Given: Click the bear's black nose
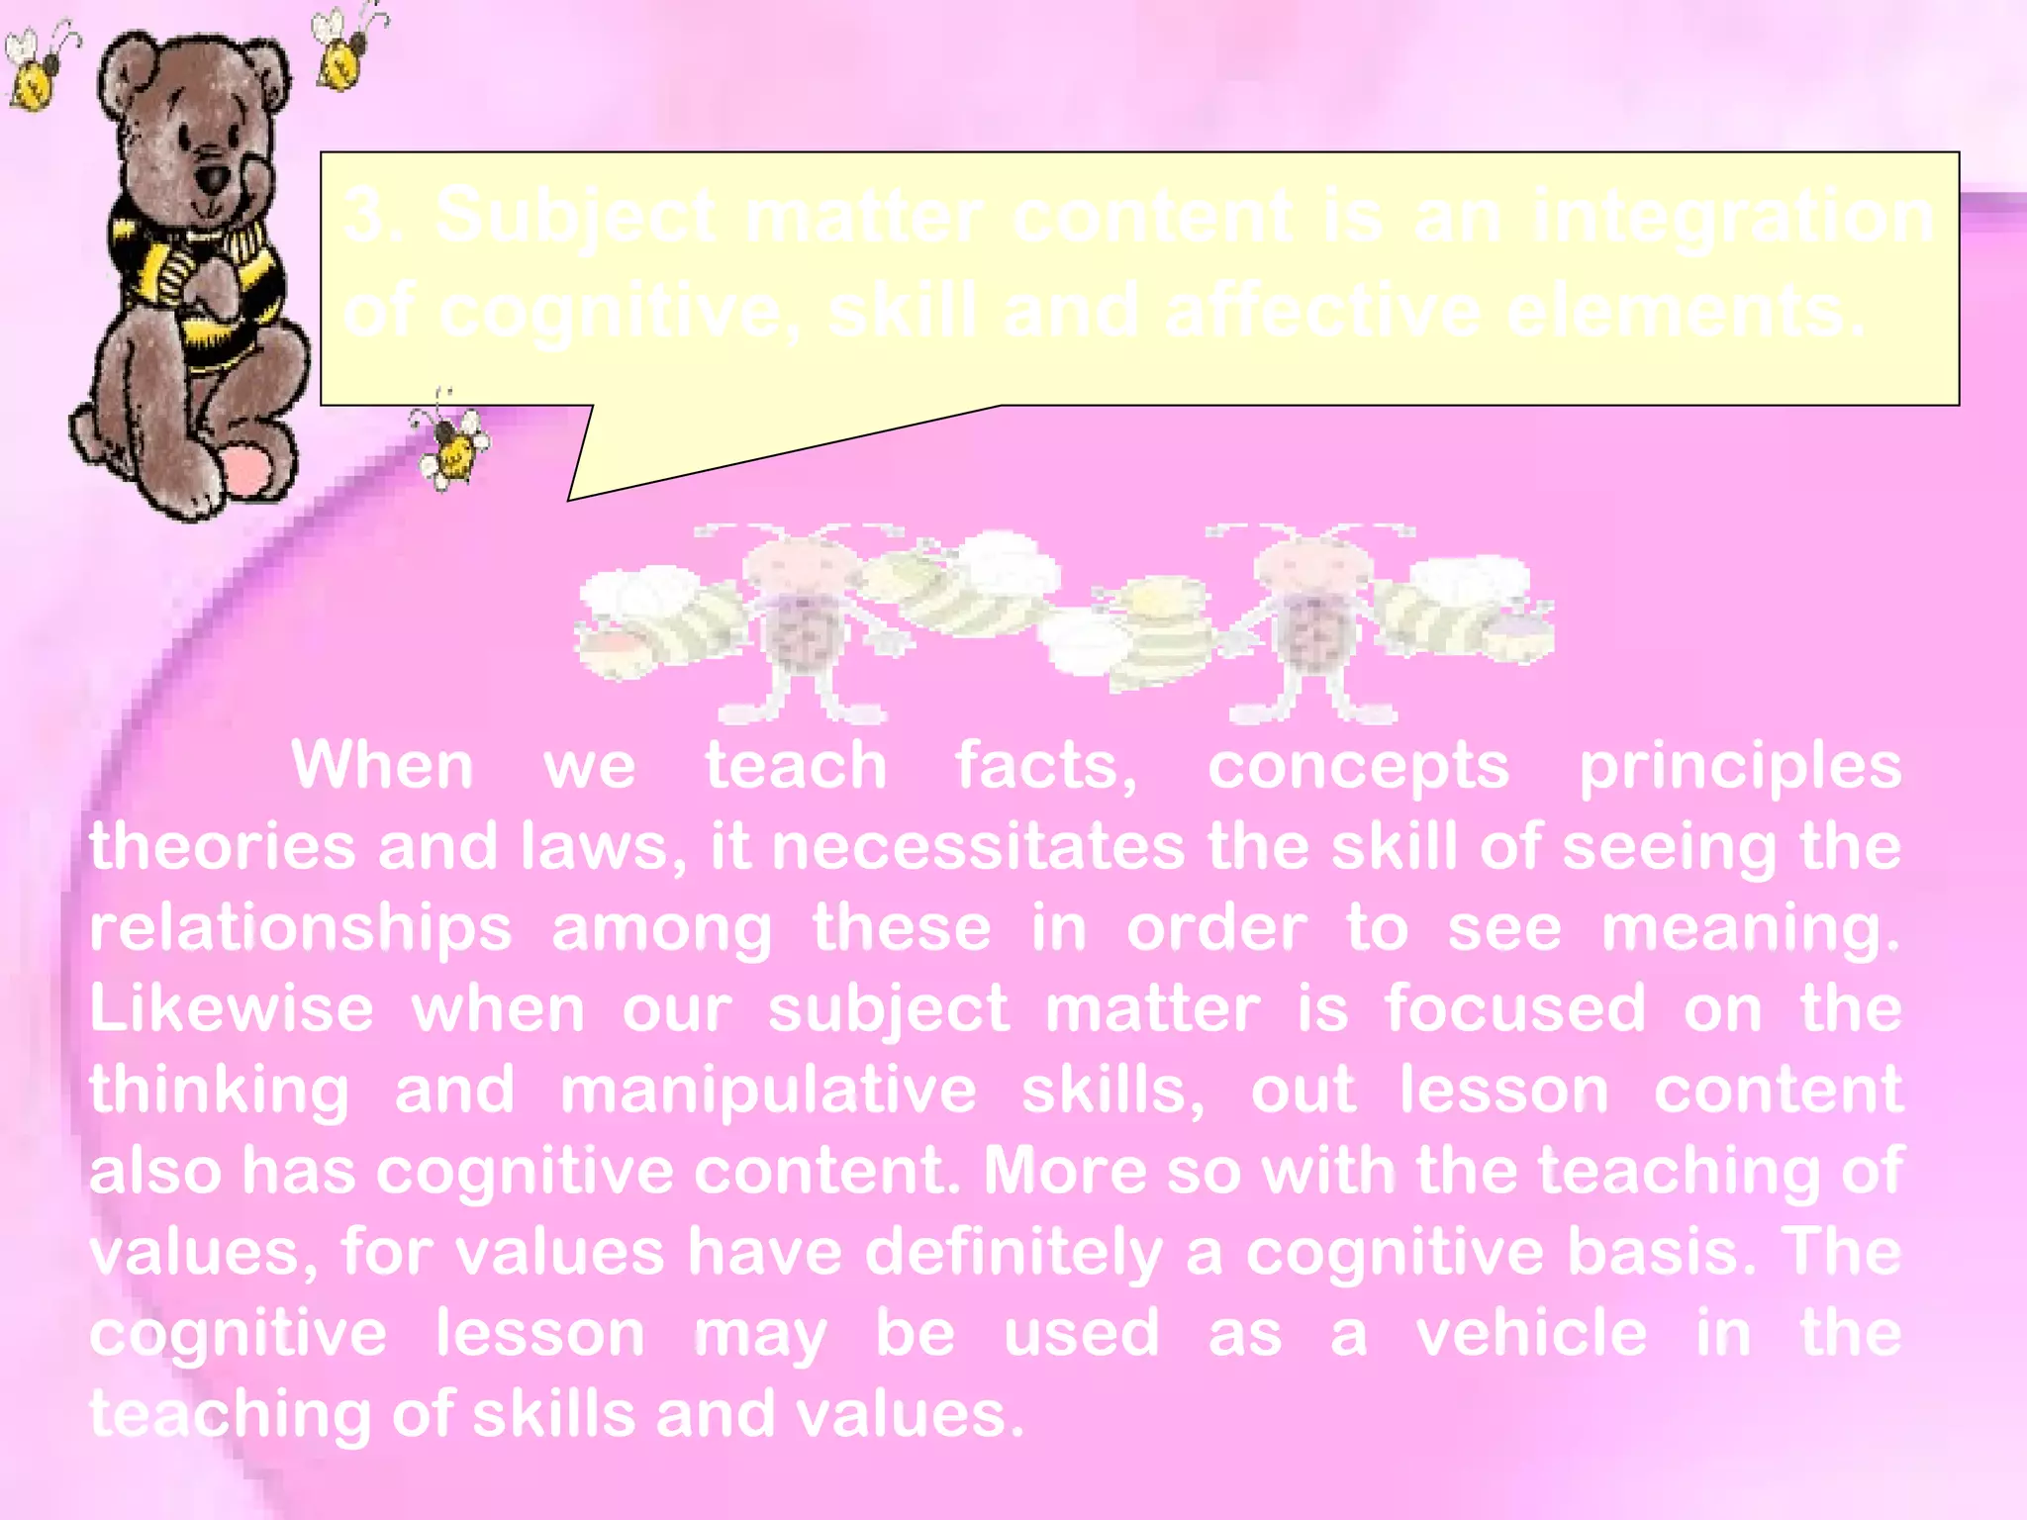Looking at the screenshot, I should [x=212, y=180].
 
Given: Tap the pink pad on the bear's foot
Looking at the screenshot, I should [x=247, y=472].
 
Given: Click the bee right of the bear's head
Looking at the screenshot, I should [x=345, y=49].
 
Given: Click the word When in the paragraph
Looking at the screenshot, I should [x=382, y=766].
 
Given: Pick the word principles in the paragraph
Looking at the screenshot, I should [x=1739, y=768].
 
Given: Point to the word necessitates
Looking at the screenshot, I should [x=978, y=848].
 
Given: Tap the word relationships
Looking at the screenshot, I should [x=301, y=930].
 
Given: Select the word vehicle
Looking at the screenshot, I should [x=1531, y=1333].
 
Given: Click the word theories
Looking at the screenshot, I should [x=222, y=848].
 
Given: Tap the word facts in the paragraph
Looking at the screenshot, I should [x=1044, y=766].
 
